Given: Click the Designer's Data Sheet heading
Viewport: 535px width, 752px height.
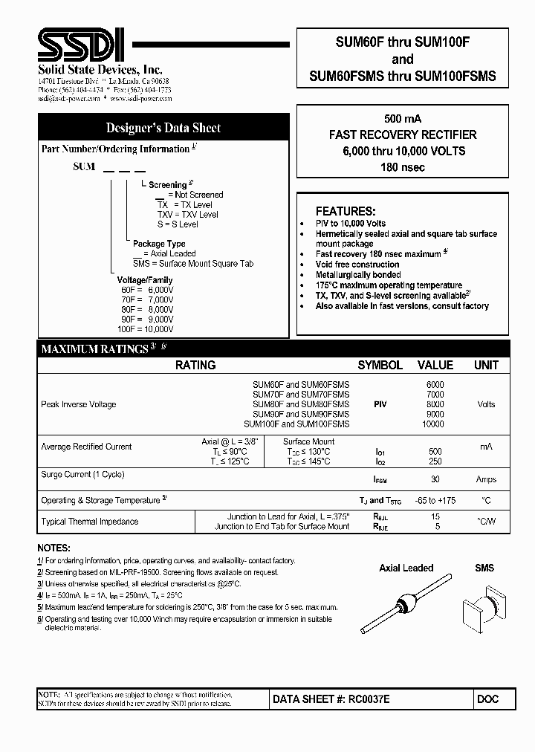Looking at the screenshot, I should point(163,128).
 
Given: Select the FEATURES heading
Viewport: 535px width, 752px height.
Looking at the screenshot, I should point(346,211).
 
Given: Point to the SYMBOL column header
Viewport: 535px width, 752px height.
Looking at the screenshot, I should point(380,365).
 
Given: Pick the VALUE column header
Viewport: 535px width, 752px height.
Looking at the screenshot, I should point(435,365).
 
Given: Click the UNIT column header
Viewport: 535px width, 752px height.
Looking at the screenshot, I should point(486,365).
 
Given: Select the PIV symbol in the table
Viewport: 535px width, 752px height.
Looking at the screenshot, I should point(380,404).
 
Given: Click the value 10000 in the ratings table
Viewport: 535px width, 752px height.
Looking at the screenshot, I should point(432,424).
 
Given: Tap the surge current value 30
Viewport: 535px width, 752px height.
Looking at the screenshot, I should point(435,479).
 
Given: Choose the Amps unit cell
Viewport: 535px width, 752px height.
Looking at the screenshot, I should point(486,479).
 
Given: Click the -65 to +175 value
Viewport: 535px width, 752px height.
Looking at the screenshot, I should point(435,500).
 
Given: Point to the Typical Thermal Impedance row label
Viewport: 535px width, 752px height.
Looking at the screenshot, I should point(89,522).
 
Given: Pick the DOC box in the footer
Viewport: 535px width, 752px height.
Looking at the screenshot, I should point(488,699).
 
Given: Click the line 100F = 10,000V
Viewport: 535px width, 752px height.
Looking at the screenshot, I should point(145,328).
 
